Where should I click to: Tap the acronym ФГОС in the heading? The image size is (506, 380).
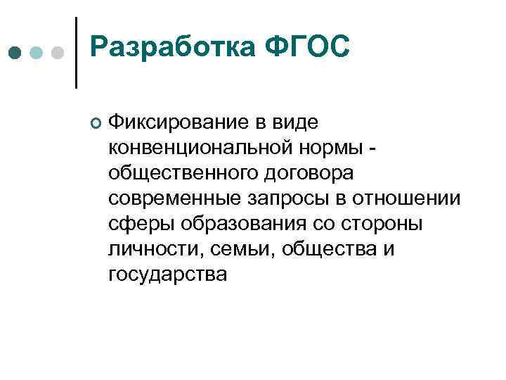click(x=307, y=49)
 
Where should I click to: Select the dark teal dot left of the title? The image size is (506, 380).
click(x=15, y=53)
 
